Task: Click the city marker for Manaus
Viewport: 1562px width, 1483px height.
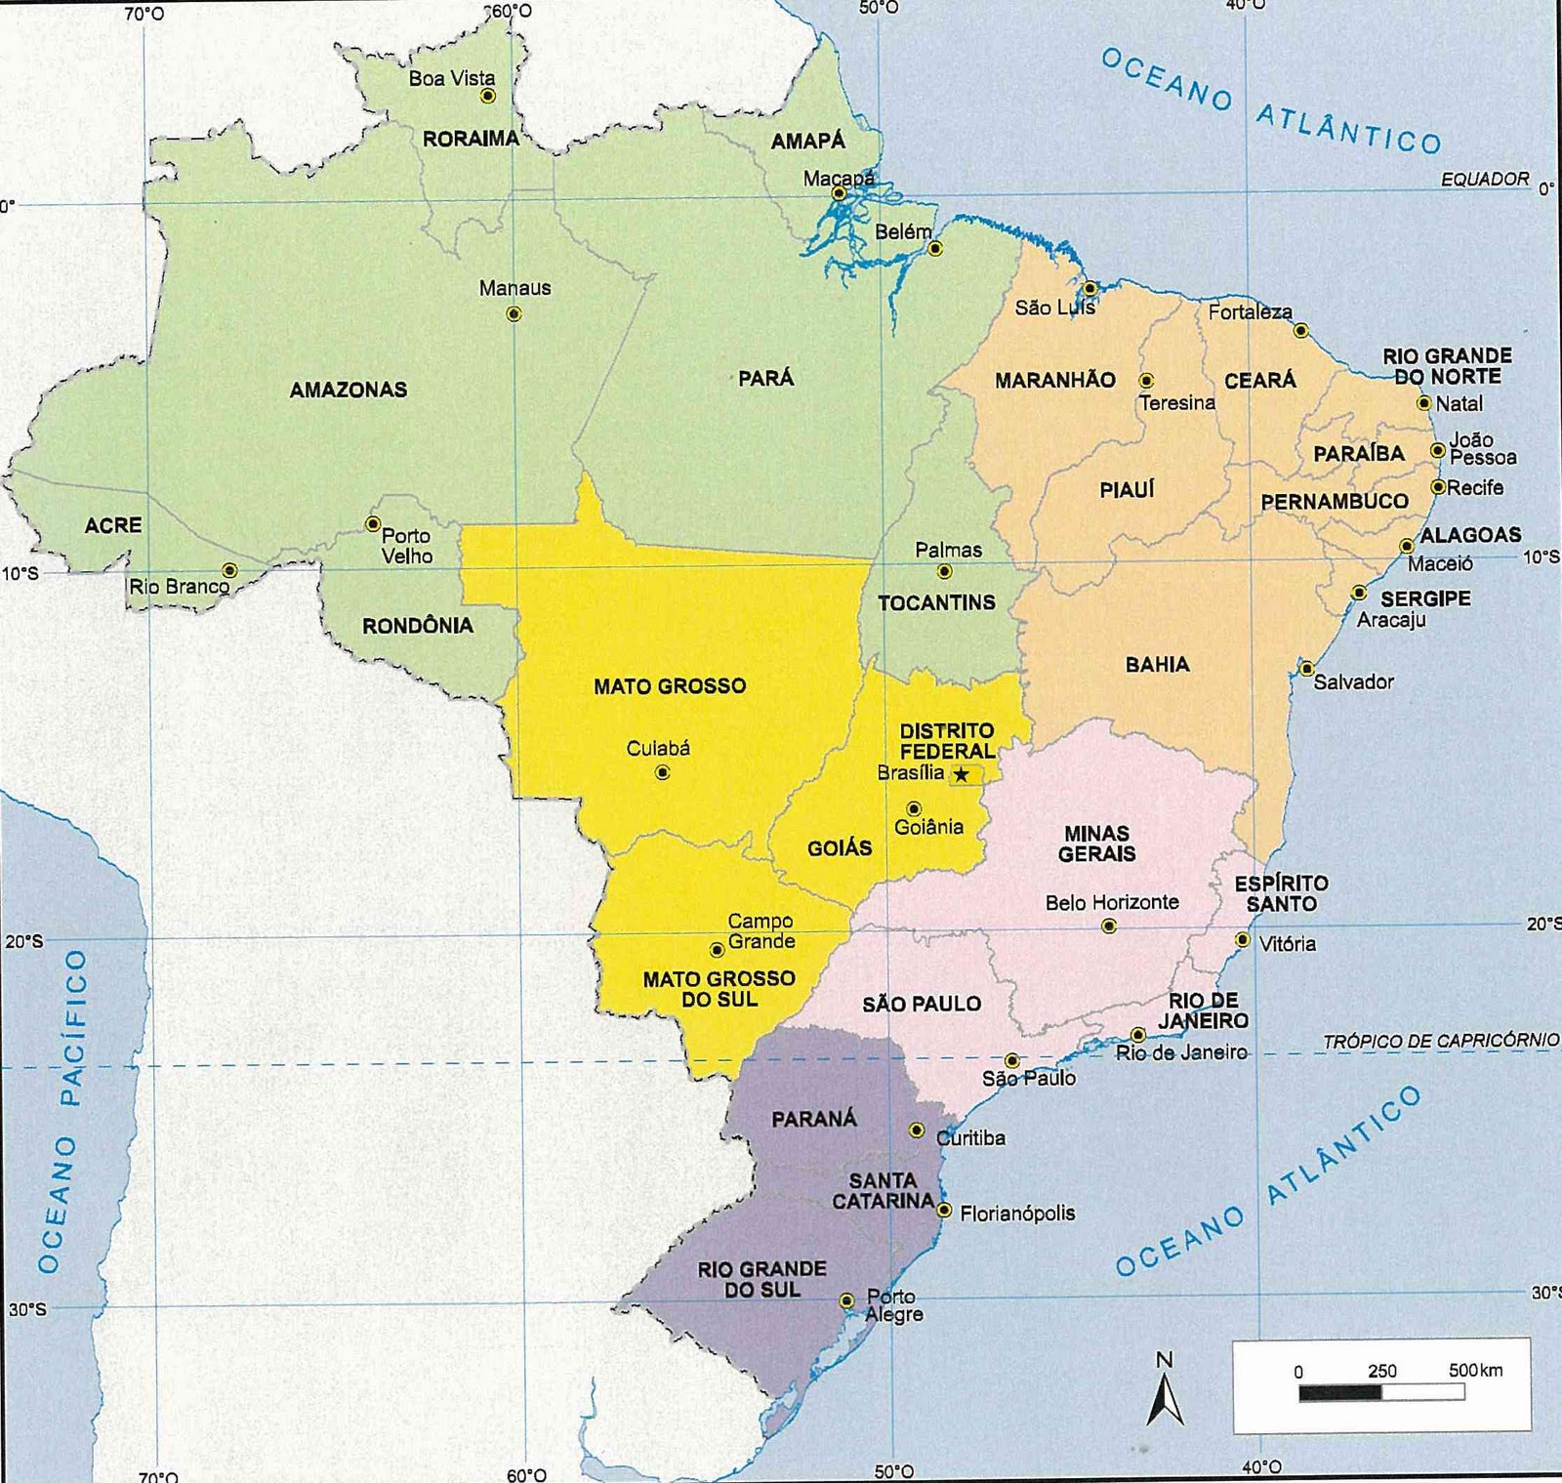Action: click(x=514, y=314)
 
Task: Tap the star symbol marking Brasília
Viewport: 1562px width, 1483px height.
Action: click(x=962, y=774)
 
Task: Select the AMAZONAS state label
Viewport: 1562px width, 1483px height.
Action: click(x=349, y=390)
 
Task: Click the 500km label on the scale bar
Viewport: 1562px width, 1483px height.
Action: click(x=1475, y=1370)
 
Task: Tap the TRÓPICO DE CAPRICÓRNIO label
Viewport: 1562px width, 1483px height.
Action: click(x=1440, y=1041)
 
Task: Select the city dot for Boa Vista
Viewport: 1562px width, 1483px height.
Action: click(x=488, y=96)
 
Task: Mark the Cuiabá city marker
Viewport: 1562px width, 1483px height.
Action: click(x=663, y=772)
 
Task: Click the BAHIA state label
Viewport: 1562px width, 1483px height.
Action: click(x=1157, y=665)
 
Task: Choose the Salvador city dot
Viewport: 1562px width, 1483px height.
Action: click(x=1306, y=670)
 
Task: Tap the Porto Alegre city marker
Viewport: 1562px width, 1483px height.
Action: click(x=847, y=1300)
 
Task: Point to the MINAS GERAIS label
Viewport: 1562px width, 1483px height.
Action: click(x=1096, y=844)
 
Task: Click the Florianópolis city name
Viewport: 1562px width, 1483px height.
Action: click(x=1017, y=1214)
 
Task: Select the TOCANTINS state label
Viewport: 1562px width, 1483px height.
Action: click(x=936, y=602)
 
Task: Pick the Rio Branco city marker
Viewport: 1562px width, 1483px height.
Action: click(x=229, y=570)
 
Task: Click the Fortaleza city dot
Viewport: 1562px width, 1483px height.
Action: click(x=1300, y=331)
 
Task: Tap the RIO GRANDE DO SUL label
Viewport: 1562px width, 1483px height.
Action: click(x=761, y=1279)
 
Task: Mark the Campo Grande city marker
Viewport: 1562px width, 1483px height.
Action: click(x=717, y=949)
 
